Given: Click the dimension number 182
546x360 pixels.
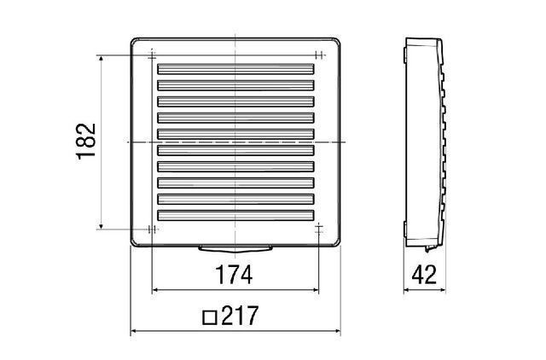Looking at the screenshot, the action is (x=86, y=142).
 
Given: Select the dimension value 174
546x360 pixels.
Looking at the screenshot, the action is (x=234, y=275).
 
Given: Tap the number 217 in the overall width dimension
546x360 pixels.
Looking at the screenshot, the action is (x=240, y=316).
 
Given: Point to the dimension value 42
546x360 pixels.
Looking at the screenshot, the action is (x=424, y=275).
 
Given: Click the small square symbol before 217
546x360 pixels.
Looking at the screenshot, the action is (x=210, y=317).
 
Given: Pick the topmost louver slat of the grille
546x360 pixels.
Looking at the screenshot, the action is (x=235, y=68).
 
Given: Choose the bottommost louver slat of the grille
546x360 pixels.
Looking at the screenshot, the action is (x=235, y=215).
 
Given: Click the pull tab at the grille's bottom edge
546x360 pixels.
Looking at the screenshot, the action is (x=235, y=248).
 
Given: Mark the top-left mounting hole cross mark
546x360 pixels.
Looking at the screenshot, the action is (x=152, y=55).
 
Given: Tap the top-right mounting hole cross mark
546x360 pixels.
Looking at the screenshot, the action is (x=318, y=55).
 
